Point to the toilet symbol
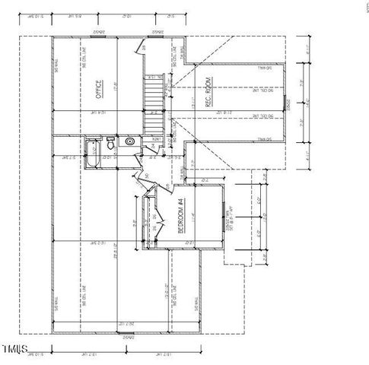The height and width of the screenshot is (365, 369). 111,143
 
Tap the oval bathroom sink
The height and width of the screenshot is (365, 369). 129,141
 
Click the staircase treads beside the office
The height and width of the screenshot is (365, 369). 154,103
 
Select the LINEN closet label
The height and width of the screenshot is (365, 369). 157,139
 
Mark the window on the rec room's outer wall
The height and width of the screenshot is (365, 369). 287,103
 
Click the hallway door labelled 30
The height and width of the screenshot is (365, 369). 145,179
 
